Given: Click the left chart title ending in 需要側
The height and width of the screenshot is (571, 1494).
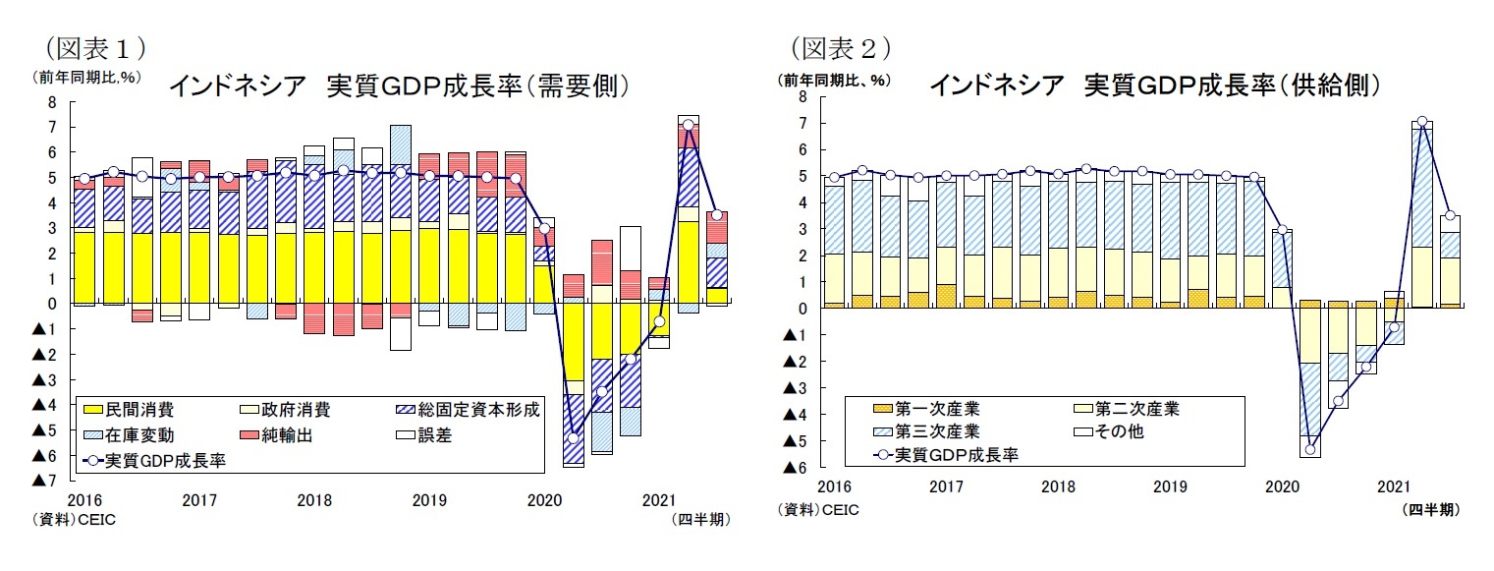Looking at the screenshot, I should point(398,86).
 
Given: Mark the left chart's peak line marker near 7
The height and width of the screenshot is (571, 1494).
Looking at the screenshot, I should point(689,125).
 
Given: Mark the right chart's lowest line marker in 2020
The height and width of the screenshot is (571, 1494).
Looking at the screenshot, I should point(1309,450).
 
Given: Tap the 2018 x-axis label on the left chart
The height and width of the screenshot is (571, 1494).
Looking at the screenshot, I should point(314,500).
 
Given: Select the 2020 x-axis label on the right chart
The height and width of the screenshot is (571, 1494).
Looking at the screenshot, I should point(1281,486).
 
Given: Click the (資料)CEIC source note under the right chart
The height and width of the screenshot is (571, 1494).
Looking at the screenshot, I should point(817,509).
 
